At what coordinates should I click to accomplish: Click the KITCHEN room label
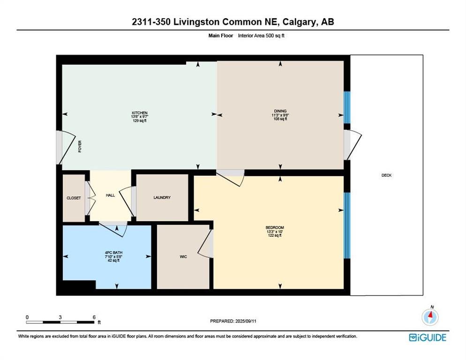140,113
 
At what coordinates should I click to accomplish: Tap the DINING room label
280,111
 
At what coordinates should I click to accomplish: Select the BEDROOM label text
275,228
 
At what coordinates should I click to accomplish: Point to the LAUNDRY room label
162,197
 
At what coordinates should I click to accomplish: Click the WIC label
183,256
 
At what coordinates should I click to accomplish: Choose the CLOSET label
74,198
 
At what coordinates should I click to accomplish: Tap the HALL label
110,195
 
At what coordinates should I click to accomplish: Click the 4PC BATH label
113,253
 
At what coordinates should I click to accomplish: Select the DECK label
386,175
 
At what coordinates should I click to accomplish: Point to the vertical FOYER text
80,147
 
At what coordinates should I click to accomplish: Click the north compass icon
430,316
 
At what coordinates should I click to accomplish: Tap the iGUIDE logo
428,337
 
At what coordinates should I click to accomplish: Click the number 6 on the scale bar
94,317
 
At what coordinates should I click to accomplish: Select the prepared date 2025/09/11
246,321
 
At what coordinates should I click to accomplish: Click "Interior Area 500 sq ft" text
261,36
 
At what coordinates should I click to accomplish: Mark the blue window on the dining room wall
347,107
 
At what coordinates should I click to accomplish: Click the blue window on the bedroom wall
347,225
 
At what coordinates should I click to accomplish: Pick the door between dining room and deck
353,145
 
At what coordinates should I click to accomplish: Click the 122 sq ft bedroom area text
275,235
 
